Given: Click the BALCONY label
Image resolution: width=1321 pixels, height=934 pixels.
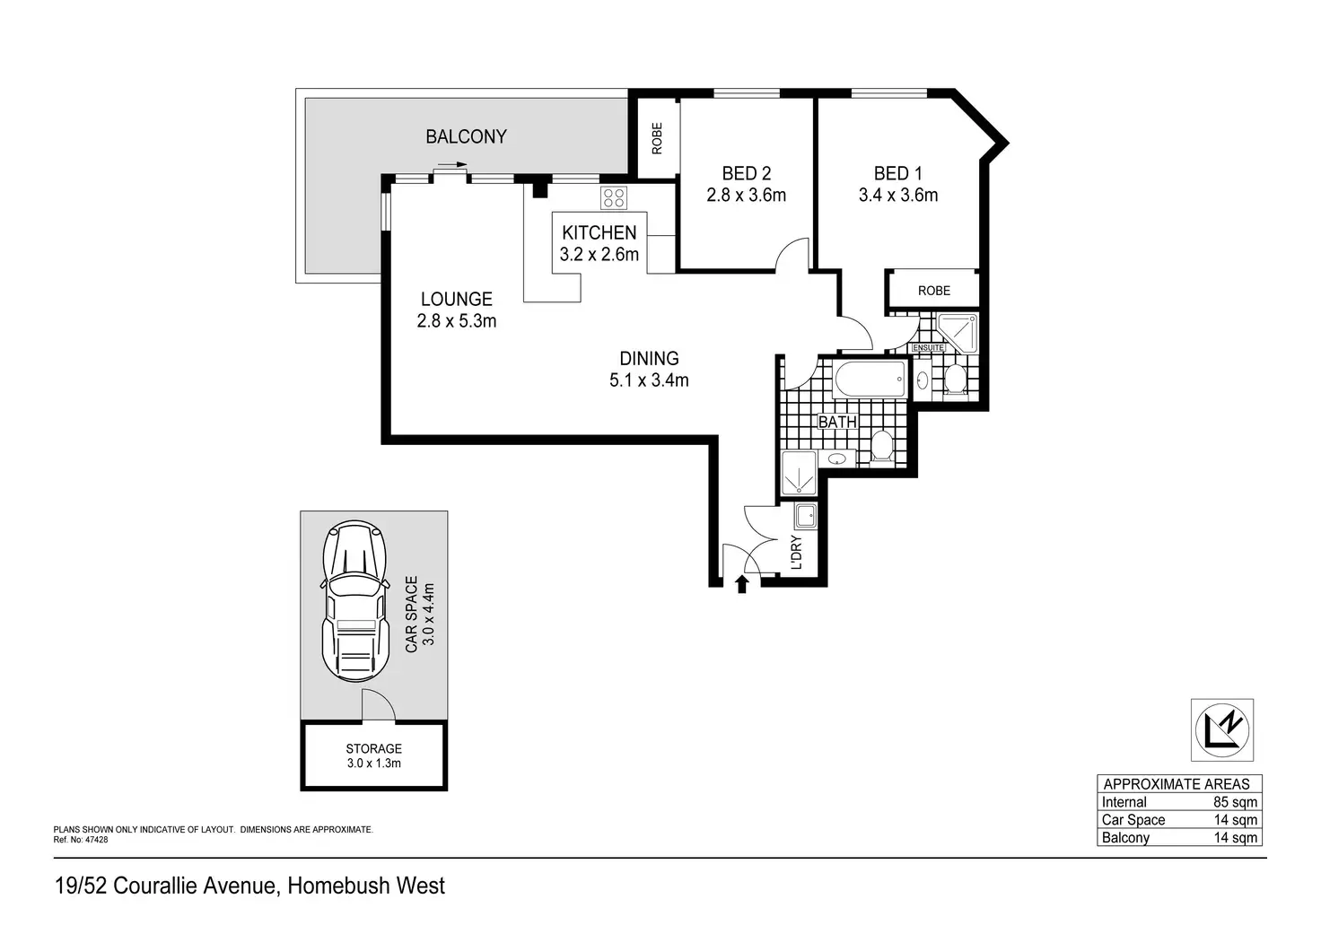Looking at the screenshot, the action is (466, 136).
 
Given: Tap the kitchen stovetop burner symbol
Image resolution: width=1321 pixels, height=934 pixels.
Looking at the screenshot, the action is (614, 197).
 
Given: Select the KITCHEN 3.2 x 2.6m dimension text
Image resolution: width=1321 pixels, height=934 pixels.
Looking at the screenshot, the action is (599, 255).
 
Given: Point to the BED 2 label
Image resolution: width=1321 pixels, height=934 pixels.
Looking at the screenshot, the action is (746, 173).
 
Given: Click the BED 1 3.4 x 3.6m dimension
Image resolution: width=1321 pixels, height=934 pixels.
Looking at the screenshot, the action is (897, 196).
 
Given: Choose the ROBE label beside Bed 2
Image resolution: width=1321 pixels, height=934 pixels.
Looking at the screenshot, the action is (657, 138).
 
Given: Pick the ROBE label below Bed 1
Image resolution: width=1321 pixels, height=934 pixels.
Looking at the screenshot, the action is (933, 291).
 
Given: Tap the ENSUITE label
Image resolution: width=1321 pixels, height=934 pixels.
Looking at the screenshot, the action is (928, 347).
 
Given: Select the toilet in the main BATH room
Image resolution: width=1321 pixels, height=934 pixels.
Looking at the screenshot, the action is (881, 445).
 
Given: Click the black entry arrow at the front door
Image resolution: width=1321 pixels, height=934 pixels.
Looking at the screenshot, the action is (741, 585).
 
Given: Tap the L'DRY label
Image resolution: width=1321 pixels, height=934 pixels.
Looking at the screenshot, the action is (796, 553).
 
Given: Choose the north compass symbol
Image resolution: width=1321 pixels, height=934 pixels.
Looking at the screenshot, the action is (1221, 729).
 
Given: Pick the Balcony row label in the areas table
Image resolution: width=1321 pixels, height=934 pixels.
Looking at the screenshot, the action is (1125, 838).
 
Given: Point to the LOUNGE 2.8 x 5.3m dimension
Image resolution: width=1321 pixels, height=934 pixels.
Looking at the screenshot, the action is (457, 321).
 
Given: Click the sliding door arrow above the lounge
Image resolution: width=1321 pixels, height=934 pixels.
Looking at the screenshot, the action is (451, 165).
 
